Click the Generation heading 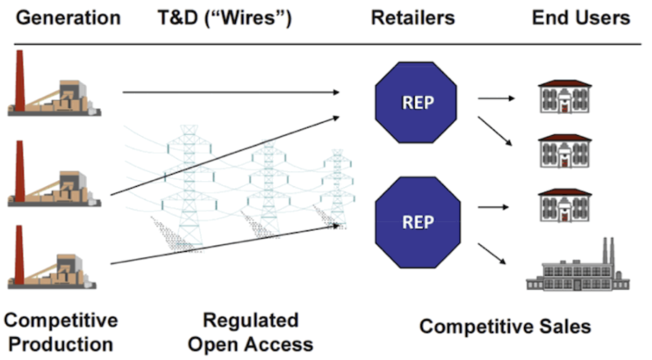68,18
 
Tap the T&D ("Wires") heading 225,18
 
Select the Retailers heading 413,18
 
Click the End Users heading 581,18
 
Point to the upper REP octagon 416,103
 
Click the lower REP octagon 418,222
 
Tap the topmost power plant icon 54,83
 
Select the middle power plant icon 54,174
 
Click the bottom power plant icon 52,257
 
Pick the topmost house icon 564,97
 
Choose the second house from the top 564,151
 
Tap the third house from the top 564,205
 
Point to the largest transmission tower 189,187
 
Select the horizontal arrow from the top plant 231,92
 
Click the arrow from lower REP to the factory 492,254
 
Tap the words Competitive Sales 505,327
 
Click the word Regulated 251,320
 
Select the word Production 61,344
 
